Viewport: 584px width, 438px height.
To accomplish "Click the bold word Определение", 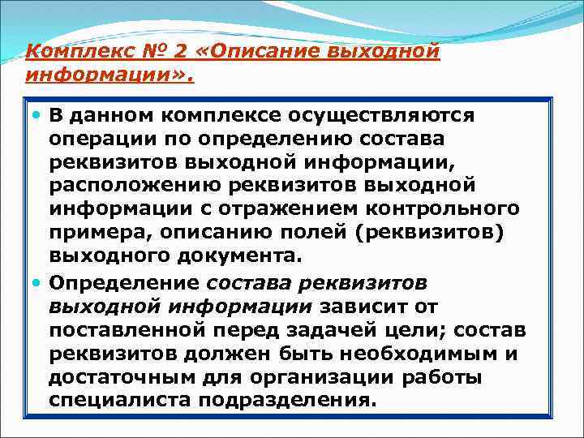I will point(123,283).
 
